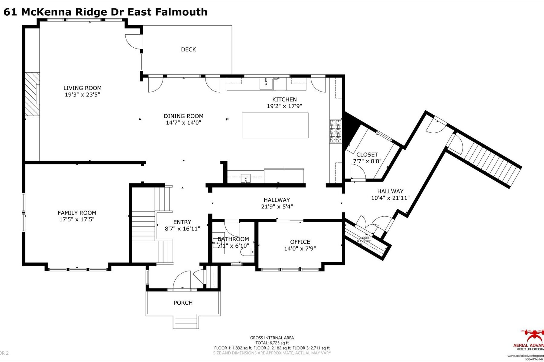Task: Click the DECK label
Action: tap(188, 49)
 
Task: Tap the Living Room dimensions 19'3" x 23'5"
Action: tap(82, 95)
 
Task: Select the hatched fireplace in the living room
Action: tap(32, 94)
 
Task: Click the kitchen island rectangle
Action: tap(275, 125)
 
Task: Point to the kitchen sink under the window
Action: tap(266, 84)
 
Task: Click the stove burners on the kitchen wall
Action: tap(335, 131)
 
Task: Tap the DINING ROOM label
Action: tap(183, 116)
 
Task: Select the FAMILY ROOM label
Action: tap(77, 213)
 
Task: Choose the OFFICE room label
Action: tap(300, 242)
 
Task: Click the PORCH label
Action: tap(183, 303)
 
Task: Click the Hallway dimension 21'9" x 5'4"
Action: tap(277, 207)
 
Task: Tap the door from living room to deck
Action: tap(133, 41)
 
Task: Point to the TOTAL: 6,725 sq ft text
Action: tap(272, 343)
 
